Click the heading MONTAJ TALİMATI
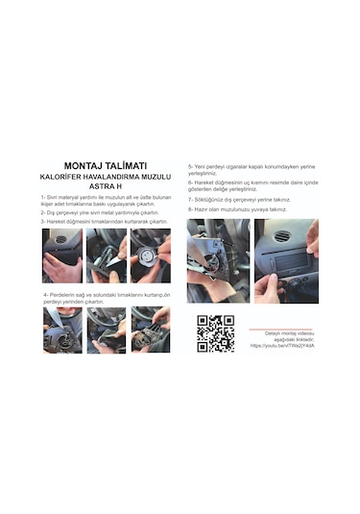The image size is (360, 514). (106, 164)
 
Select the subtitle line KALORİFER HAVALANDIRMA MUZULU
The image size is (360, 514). (106, 176)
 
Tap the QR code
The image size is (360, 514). (215, 332)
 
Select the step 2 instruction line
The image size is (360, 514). (101, 212)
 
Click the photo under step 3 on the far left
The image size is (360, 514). (61, 255)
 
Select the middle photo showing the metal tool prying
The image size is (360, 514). (106, 255)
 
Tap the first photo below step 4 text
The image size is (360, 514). (61, 330)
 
